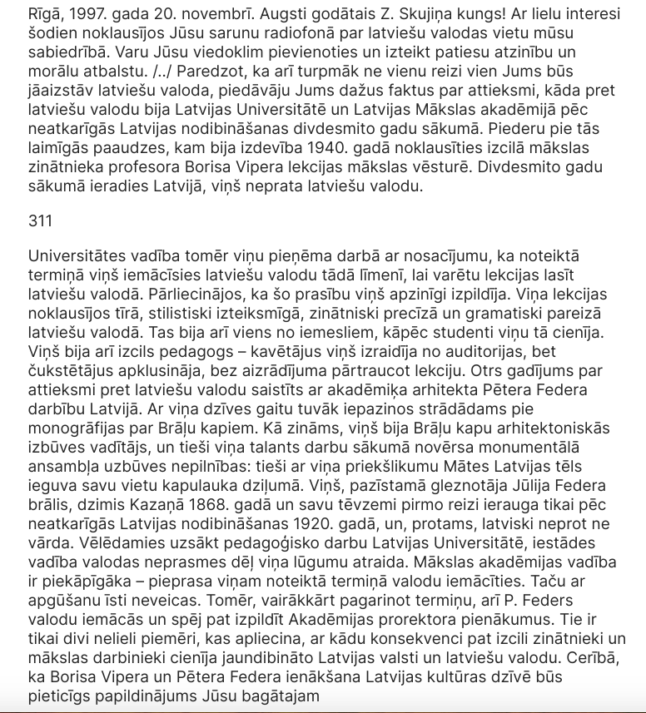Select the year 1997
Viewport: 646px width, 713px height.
tap(87, 13)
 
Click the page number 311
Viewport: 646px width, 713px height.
tap(40, 220)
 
